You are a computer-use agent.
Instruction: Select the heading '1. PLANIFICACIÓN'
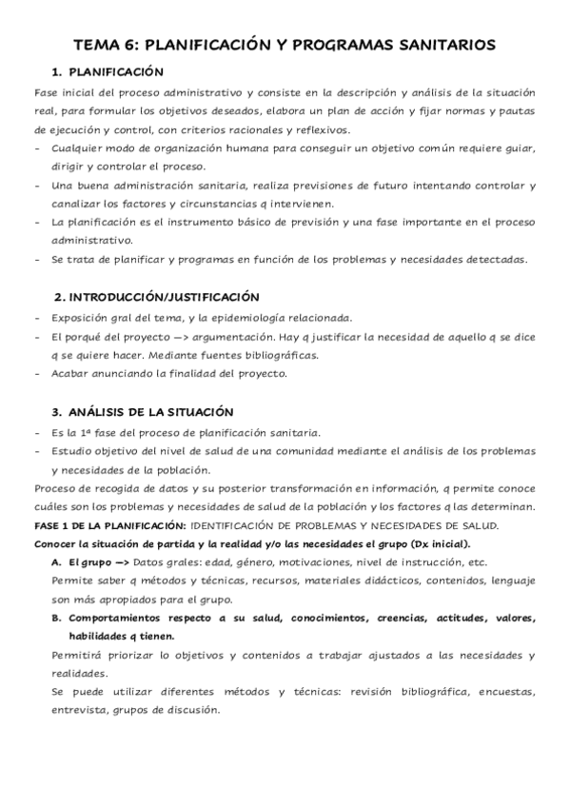pos(108,72)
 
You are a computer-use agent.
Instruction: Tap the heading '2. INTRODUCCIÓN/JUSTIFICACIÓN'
pos(156,297)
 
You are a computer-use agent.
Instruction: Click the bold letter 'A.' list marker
pos(57,561)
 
